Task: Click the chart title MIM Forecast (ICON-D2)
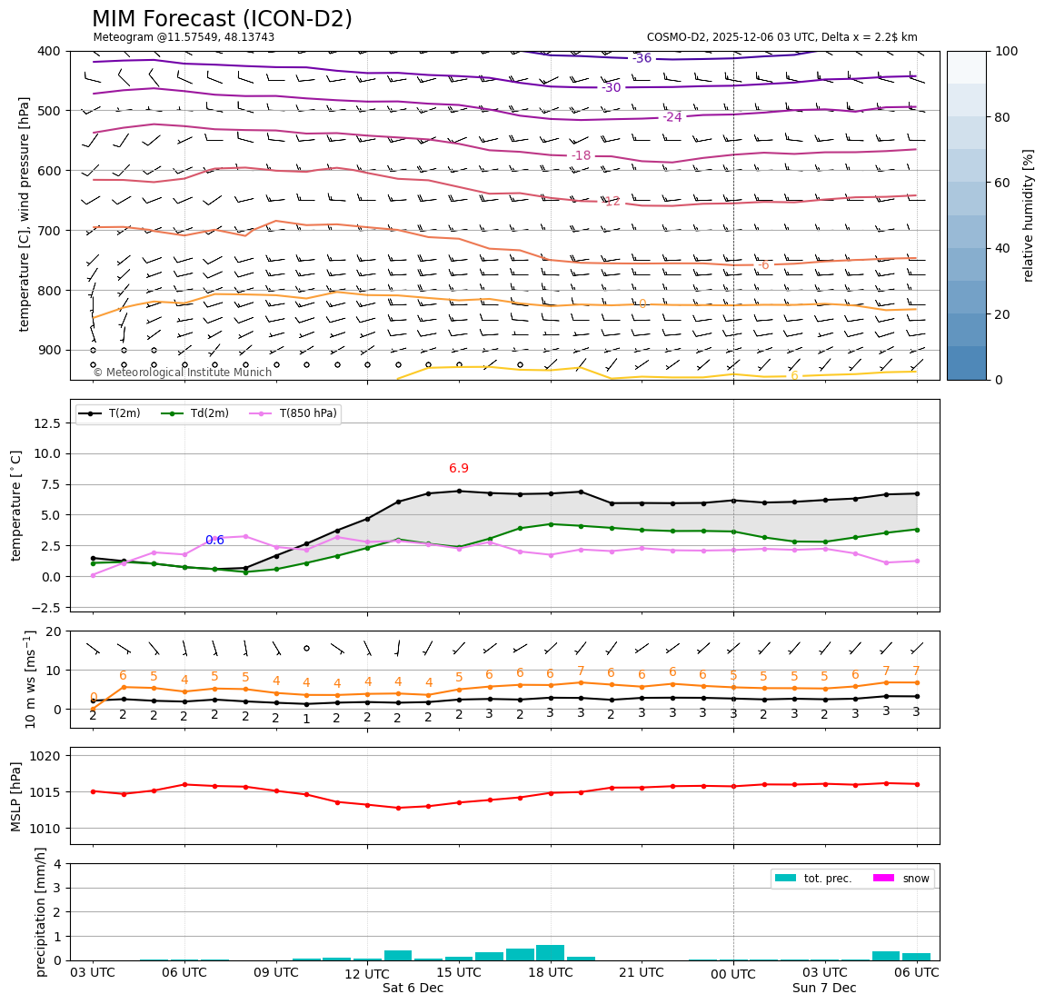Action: click(222, 19)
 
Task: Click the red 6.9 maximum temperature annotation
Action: click(459, 469)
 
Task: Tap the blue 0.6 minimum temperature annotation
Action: click(214, 540)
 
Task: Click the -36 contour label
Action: click(642, 58)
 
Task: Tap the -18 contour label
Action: click(581, 156)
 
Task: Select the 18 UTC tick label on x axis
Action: click(551, 972)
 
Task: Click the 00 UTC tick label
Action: click(733, 975)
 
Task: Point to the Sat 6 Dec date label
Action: click(413, 989)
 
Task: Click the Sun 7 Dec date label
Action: click(824, 989)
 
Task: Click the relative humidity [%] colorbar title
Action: click(1029, 215)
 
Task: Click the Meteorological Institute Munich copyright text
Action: click(183, 373)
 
